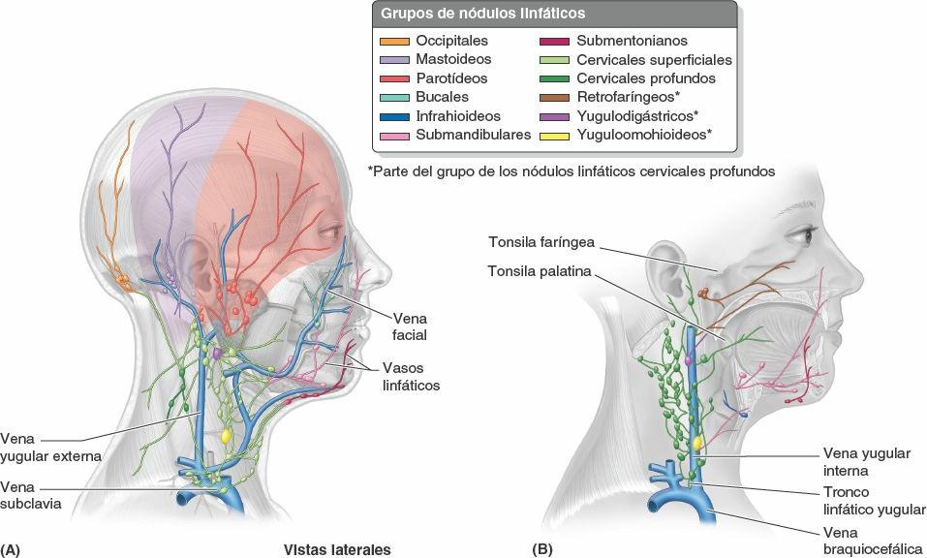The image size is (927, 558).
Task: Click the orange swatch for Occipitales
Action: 394,42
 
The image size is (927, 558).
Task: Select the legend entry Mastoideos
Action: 452,60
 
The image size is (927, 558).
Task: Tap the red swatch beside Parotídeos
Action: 394,78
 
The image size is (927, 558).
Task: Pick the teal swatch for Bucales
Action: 394,97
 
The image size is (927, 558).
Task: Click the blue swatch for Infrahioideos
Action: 394,116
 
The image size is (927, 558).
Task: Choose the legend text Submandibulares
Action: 473,135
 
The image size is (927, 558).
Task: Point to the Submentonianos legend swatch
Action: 555,42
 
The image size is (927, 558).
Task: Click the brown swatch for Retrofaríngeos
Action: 555,97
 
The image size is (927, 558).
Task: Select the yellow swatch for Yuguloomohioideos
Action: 555,135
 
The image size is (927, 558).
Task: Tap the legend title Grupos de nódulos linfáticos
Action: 481,15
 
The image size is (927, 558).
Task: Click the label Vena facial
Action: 410,326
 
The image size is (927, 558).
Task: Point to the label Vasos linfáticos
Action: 411,377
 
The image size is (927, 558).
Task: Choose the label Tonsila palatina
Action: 539,271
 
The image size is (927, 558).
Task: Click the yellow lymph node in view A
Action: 226,436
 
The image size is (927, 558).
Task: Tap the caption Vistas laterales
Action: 336,549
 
